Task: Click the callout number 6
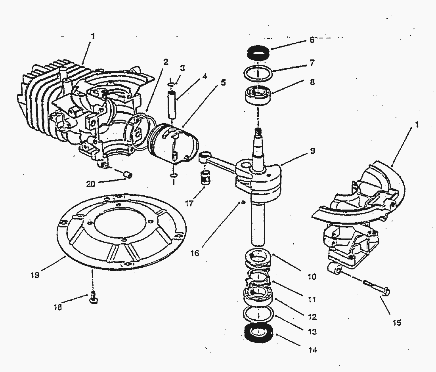pos(312,40)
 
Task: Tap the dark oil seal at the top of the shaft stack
pos(258,52)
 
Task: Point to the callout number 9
pos(313,151)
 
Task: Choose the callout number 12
pos(313,317)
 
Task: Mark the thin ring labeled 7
pos(258,73)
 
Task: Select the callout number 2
pos(165,62)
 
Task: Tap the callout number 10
pos(312,277)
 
